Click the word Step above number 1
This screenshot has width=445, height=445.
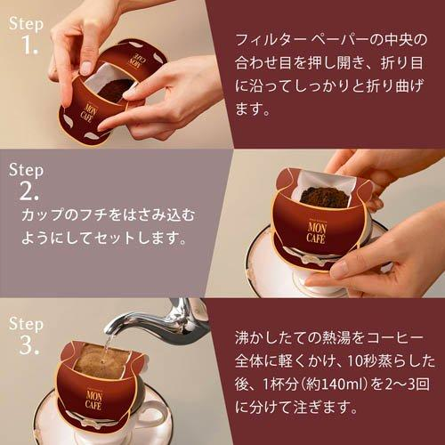tap(27, 24)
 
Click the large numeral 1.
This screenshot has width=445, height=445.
tap(28, 46)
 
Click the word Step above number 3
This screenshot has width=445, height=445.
tap(27, 321)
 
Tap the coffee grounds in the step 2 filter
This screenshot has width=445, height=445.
tap(325, 196)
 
